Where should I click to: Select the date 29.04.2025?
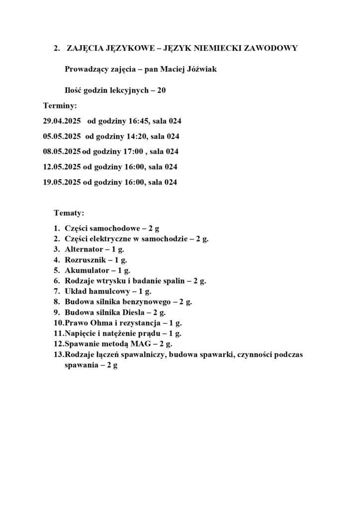tap(62, 120)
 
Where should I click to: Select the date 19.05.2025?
tap(62, 182)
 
